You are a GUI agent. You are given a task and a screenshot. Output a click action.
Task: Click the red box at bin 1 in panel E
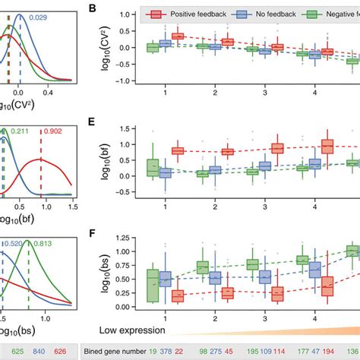pos(177,151)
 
